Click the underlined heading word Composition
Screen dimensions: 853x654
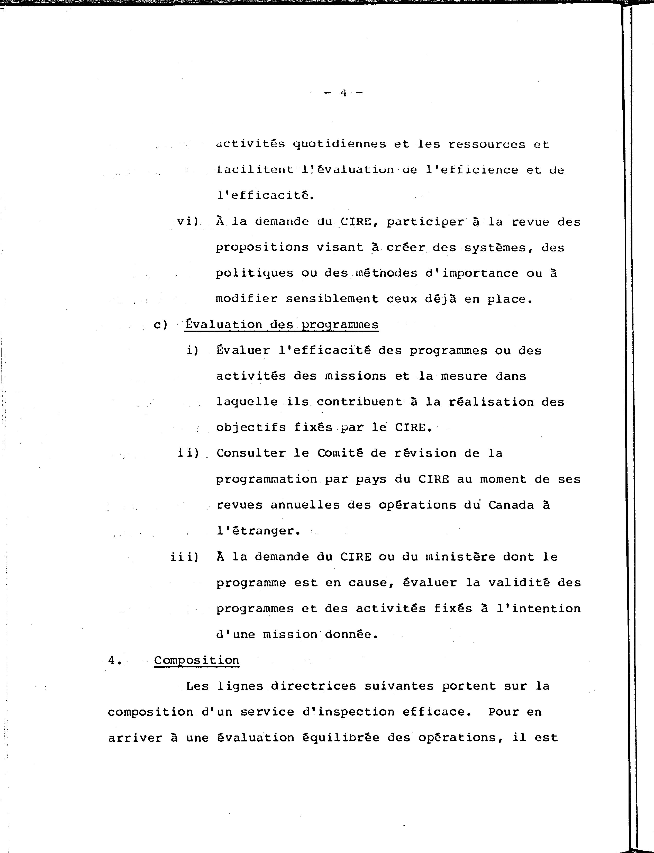(x=197, y=660)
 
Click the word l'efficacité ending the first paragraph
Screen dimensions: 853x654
(x=265, y=195)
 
